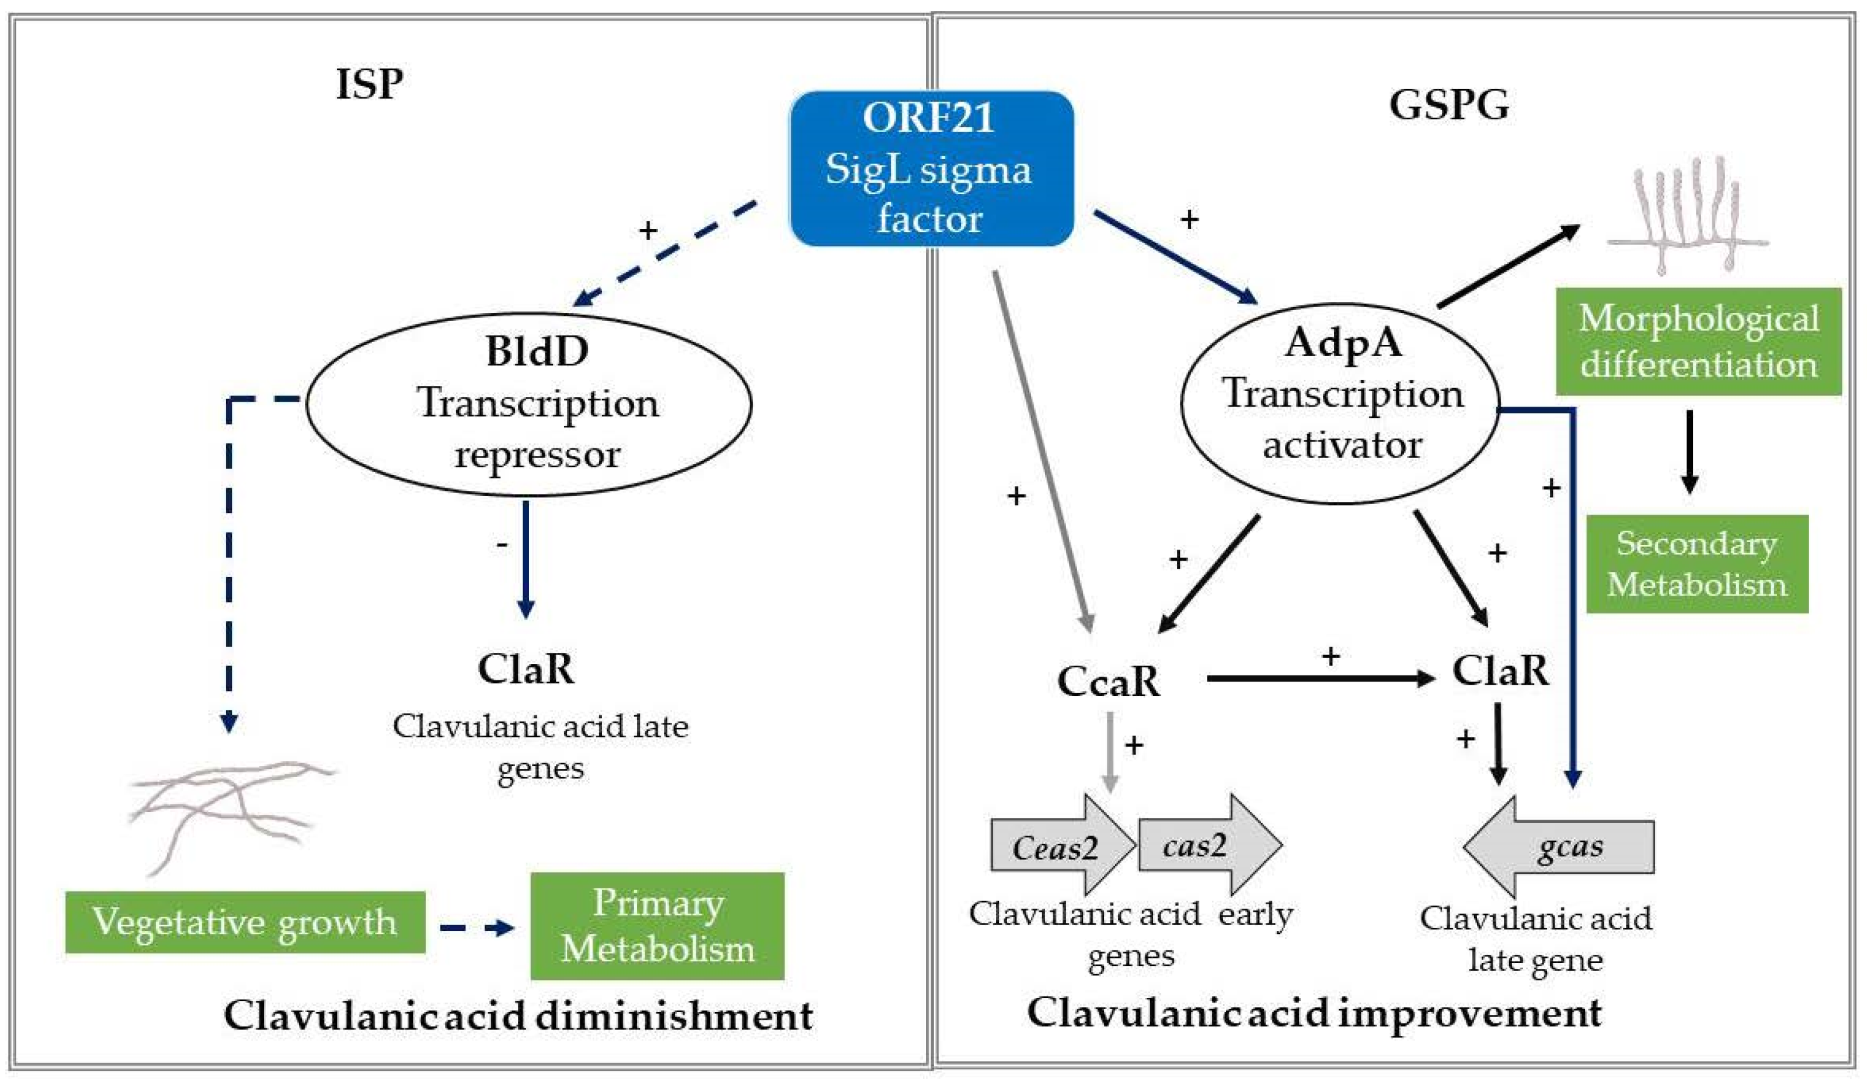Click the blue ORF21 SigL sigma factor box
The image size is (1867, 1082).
point(930,168)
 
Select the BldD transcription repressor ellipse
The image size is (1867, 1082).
point(529,403)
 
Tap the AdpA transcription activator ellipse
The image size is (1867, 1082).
point(1340,403)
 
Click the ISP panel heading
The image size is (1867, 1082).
point(369,84)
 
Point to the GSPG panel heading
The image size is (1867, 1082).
point(1448,104)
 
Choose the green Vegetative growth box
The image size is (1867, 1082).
point(245,921)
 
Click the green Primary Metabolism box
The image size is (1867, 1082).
point(656,925)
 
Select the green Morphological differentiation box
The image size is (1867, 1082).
point(1697,341)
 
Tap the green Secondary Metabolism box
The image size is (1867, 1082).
point(1696,564)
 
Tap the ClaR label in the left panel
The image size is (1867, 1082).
point(525,669)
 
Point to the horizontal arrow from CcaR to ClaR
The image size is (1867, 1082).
point(1319,678)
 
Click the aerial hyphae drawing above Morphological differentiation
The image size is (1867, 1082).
point(1687,215)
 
